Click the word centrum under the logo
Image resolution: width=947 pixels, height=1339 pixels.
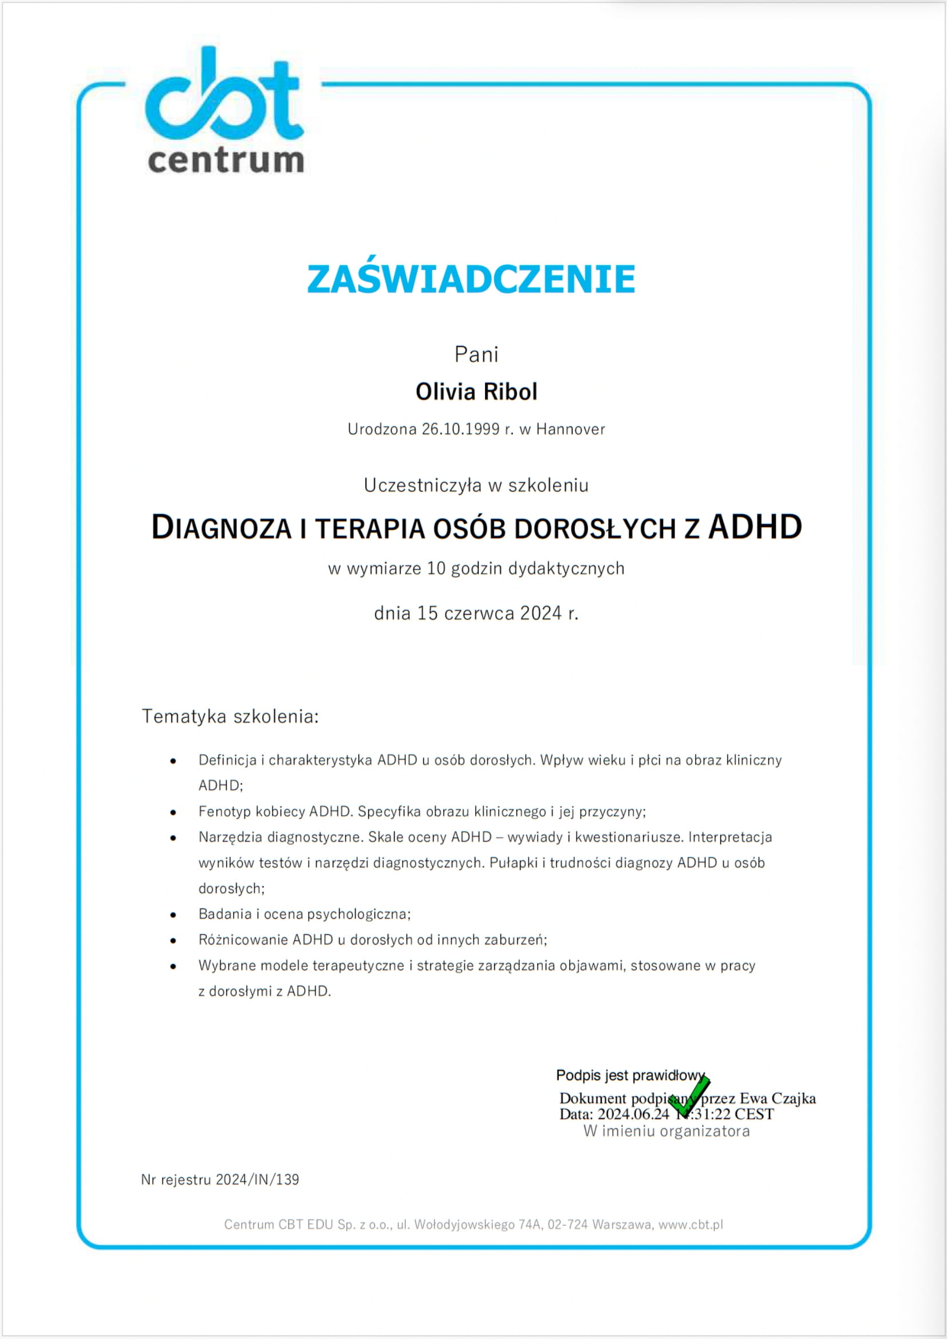click(226, 160)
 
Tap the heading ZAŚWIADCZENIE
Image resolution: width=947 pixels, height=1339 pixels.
click(471, 279)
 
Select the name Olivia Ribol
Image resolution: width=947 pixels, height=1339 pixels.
click(476, 392)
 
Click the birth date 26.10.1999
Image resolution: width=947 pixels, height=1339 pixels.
click(461, 429)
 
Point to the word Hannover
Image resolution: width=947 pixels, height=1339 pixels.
click(570, 429)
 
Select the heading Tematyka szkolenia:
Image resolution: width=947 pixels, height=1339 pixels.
click(230, 716)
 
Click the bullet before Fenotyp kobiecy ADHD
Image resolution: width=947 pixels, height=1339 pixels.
click(173, 812)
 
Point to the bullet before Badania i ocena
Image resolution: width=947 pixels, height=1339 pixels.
click(173, 914)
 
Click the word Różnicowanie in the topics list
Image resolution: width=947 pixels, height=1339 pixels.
click(243, 939)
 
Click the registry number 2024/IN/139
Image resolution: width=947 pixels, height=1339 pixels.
click(257, 1180)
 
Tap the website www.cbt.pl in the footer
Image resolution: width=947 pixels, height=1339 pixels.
click(690, 1225)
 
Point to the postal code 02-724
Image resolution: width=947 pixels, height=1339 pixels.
click(567, 1225)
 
